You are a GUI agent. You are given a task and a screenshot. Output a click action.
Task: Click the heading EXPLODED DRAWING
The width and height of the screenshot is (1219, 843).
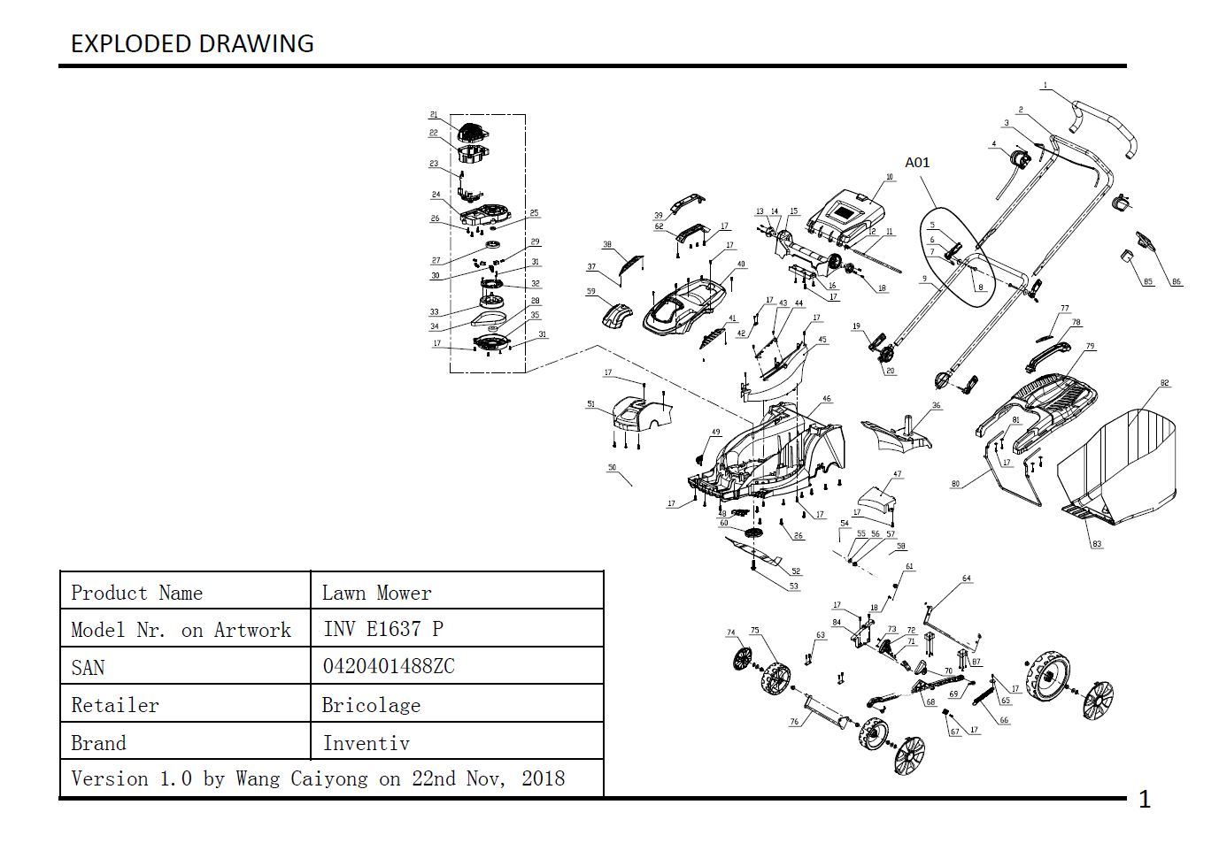pos(192,43)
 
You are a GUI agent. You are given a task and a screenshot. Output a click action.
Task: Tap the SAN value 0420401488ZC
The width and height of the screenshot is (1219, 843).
pos(388,666)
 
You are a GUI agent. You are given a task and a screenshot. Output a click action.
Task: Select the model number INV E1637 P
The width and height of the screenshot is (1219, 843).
pos(383,629)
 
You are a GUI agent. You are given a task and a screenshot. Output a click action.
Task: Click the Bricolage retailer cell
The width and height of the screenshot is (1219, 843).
pos(371,705)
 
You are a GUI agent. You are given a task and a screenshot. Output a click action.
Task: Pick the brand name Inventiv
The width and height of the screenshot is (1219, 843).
pos(366,743)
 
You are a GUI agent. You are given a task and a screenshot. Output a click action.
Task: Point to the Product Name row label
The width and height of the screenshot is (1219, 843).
pos(136,593)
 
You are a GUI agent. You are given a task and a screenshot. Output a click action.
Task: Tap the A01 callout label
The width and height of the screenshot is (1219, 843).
pos(917,163)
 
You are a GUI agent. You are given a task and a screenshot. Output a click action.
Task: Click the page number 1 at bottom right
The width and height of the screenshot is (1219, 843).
pos(1144,800)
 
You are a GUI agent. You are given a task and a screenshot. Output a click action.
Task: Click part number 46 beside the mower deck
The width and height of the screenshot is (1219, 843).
pos(827,399)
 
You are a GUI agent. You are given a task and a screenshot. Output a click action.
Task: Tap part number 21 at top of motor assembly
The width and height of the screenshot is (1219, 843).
pos(434,115)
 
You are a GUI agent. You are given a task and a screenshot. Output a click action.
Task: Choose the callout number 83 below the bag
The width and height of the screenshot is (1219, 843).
pos(1097,544)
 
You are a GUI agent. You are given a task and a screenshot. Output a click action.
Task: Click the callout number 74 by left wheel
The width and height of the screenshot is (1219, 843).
pos(730,632)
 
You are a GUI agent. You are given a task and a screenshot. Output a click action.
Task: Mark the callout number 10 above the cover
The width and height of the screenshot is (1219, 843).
pos(890,177)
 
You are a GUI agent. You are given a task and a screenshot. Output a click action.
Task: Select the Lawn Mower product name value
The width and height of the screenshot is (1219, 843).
pos(376,593)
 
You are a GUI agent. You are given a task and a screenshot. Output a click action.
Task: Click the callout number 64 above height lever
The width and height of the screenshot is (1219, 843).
pos(966,579)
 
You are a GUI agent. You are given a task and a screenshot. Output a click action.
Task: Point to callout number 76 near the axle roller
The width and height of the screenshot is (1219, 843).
pos(794,722)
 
